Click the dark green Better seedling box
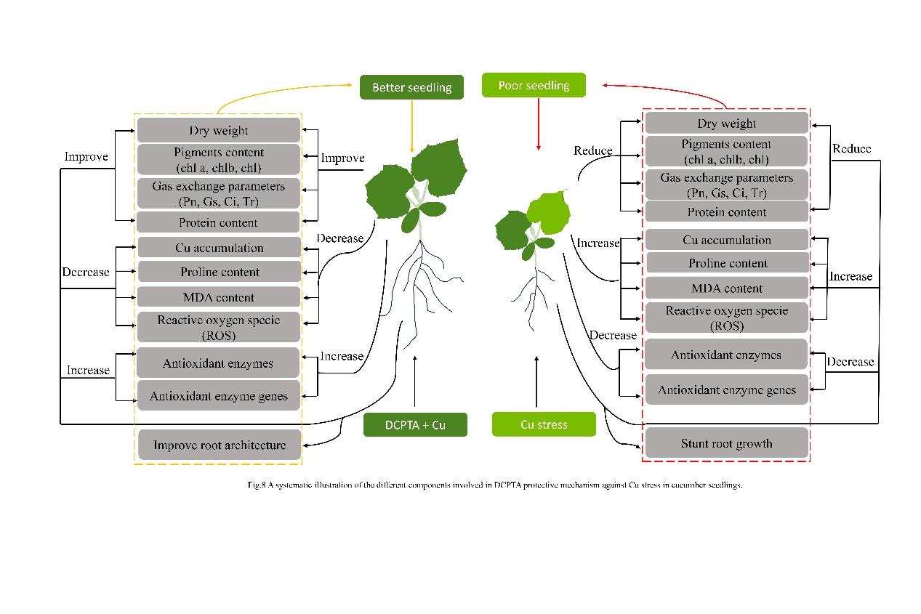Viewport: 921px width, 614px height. point(411,87)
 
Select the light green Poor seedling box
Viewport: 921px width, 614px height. point(534,86)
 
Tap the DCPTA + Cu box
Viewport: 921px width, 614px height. point(414,424)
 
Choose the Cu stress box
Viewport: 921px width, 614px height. point(544,424)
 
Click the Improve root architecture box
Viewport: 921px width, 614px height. point(219,445)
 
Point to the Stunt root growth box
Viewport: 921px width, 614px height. point(726,443)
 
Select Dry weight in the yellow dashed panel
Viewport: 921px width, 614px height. point(219,131)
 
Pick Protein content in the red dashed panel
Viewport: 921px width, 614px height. point(726,212)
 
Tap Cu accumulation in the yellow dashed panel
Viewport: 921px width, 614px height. point(219,248)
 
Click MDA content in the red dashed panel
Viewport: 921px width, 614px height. point(726,288)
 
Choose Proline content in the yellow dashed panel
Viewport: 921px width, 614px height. point(219,272)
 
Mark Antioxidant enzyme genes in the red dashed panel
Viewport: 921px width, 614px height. point(726,390)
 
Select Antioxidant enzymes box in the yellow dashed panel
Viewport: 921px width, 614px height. point(219,363)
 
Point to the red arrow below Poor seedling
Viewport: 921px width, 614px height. point(538,124)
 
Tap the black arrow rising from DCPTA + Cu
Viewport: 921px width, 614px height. point(414,381)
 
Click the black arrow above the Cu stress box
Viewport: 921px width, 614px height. point(536,381)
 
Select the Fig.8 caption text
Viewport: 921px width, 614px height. point(494,485)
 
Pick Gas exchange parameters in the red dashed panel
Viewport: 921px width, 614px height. point(726,185)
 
